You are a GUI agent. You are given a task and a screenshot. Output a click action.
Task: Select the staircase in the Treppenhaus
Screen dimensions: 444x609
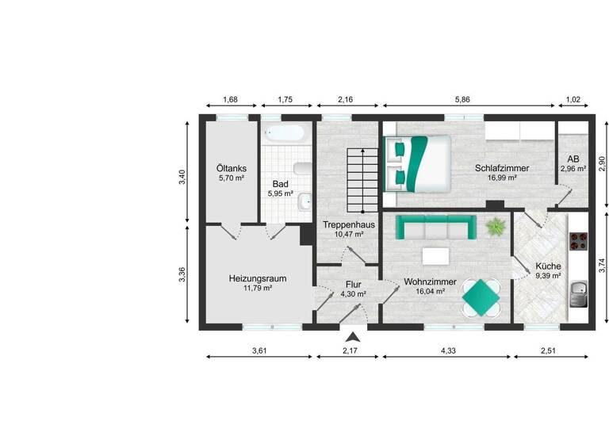pos(361,178)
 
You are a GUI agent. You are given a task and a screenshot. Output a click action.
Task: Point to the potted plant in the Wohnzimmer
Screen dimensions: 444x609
pos(496,227)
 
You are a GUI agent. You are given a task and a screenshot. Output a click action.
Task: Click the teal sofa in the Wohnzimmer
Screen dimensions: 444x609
pos(436,228)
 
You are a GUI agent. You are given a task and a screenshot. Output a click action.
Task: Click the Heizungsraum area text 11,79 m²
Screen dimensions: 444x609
pos(258,289)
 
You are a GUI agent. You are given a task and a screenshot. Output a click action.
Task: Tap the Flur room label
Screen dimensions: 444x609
pos(353,284)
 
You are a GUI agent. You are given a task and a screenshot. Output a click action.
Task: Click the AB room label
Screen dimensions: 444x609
pos(573,159)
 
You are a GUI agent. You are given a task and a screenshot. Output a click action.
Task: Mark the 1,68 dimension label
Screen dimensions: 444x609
pos(231,100)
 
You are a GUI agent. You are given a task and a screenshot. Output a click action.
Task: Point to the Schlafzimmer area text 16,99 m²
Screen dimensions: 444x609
pos(496,178)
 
